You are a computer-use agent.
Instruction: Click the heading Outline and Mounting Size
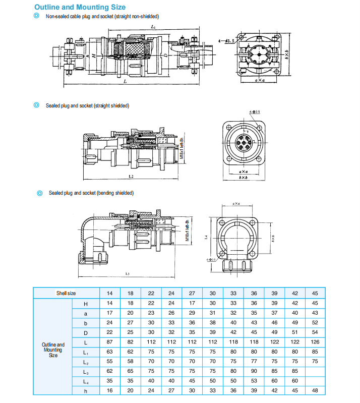point(80,8)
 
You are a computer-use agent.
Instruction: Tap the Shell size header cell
point(66,293)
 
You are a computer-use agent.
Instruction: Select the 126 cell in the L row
point(315,342)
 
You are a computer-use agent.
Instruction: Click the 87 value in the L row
point(109,342)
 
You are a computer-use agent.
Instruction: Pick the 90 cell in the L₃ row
point(254,372)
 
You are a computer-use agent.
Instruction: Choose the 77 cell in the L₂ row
point(254,362)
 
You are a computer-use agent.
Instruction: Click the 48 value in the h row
point(315,391)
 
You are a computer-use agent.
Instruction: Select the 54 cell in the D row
point(315,332)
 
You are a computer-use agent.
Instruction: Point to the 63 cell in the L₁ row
point(109,352)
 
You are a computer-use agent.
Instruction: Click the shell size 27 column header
point(192,293)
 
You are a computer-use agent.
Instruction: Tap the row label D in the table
point(86,332)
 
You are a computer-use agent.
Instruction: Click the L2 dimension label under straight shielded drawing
point(131,177)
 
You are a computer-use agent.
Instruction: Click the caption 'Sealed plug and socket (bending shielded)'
point(91,193)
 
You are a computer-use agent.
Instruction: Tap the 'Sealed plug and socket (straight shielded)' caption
point(87,106)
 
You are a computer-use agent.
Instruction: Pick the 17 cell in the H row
point(192,303)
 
